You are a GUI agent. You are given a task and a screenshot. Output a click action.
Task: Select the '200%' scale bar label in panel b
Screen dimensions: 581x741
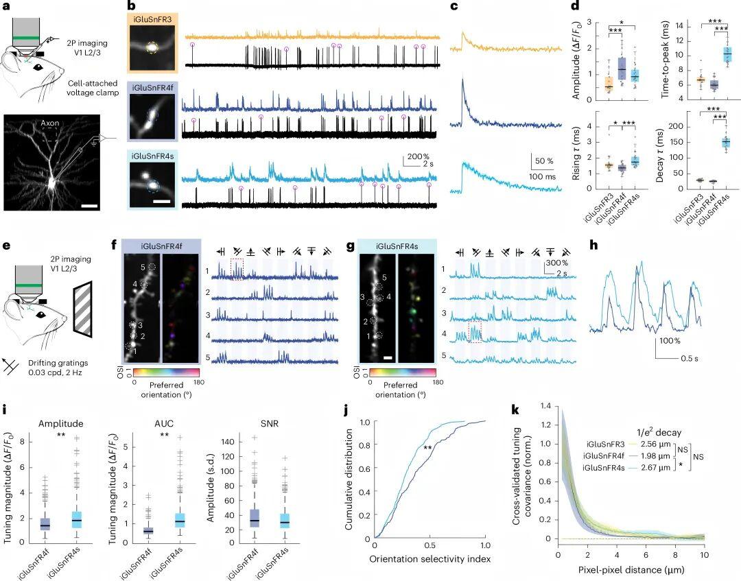414,156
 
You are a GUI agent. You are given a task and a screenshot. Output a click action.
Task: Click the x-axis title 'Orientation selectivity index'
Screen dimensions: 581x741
429,559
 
